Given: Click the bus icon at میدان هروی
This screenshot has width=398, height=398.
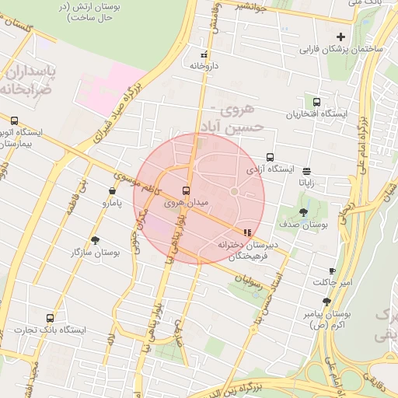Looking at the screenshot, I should [x=186, y=190].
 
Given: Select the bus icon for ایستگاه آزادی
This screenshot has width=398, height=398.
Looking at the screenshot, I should [x=270, y=157].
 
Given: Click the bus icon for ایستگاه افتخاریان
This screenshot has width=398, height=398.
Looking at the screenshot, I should [x=316, y=102].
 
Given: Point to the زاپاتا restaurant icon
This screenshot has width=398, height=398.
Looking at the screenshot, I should [x=307, y=171].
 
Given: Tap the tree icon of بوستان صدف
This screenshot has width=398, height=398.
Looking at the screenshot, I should [x=303, y=211].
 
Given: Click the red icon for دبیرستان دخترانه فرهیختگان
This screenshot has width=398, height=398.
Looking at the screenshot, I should [x=247, y=232].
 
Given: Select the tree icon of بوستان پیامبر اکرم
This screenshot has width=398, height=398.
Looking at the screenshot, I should [x=326, y=302].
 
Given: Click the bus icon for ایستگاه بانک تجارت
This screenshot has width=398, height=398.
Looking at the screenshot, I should [x=51, y=318].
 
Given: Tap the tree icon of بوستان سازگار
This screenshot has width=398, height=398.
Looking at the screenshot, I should [x=96, y=240].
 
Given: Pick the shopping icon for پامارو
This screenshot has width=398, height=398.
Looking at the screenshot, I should [x=113, y=190].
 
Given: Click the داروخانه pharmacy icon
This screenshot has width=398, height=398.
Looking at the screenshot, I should [x=204, y=55].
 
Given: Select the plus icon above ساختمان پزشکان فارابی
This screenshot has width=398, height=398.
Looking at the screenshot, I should [x=340, y=37].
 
